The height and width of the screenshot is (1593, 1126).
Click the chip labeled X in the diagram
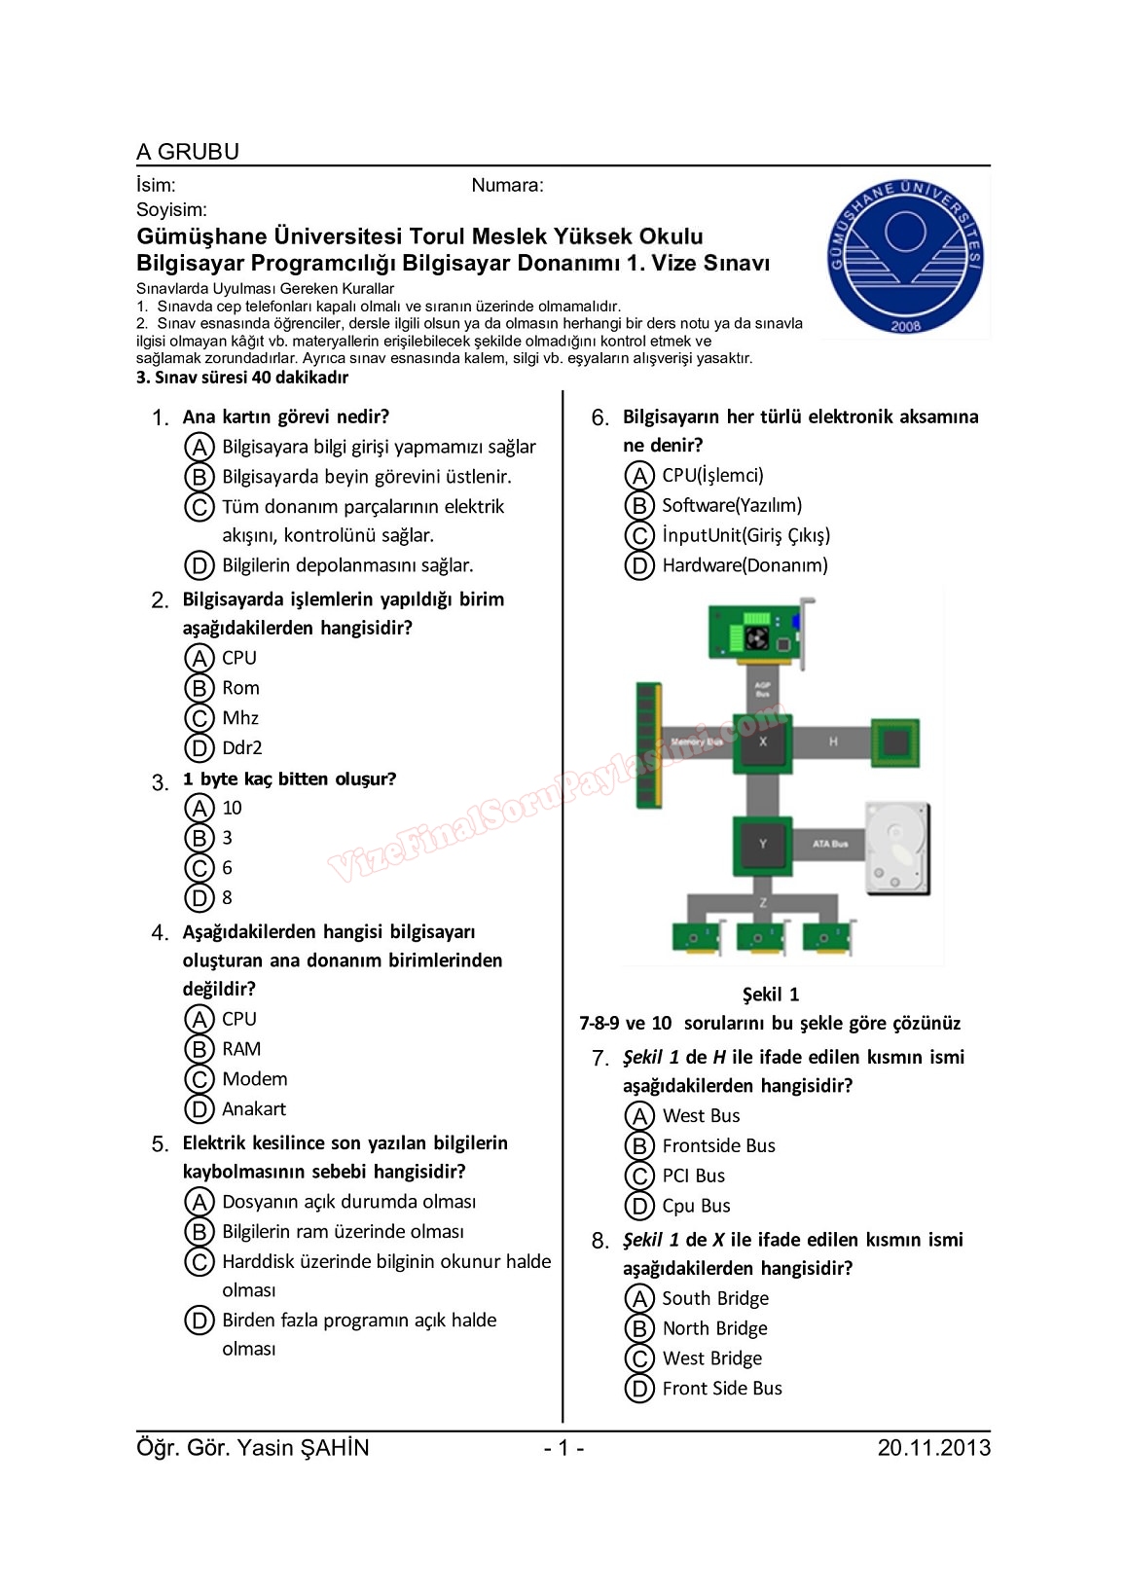point(763,742)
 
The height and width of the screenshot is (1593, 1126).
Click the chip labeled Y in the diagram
point(762,845)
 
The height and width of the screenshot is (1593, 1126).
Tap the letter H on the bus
point(833,742)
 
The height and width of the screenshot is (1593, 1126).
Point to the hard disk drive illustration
point(897,849)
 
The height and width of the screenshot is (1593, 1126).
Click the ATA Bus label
point(830,845)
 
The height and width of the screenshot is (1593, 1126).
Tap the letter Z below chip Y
point(762,903)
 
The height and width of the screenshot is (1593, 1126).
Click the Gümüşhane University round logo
point(905,256)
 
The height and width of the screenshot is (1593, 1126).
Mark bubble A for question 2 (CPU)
point(199,659)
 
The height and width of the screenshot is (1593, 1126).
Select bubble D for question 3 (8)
point(199,898)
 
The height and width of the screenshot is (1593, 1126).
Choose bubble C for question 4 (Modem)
point(199,1079)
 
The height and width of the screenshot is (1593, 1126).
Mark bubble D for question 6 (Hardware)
point(638,566)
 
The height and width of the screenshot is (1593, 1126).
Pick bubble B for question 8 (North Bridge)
point(638,1329)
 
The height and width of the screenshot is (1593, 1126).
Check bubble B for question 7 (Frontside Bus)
point(638,1146)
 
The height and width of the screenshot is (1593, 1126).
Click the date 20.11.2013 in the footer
point(933,1448)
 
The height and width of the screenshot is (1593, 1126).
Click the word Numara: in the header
point(507,186)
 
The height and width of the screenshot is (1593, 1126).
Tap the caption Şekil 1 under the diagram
point(770,995)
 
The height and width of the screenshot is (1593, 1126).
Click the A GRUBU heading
point(188,152)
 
